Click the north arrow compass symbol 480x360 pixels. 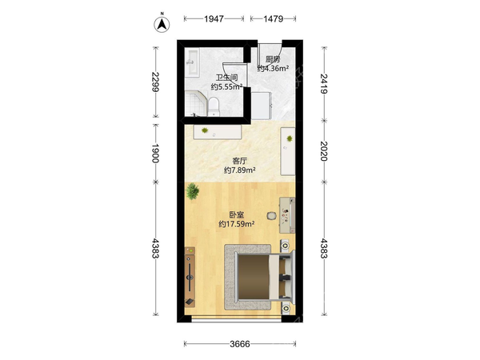(162, 24)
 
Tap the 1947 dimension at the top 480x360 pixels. (214, 19)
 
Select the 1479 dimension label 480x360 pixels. (273, 19)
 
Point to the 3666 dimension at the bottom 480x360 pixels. (240, 344)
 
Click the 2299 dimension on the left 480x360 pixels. (156, 82)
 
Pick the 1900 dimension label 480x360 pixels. (156, 154)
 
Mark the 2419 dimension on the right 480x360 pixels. (324, 83)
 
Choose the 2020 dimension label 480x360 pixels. (324, 151)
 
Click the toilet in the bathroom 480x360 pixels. (214, 106)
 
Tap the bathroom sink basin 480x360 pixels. (193, 62)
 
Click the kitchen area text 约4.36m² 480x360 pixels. (273, 68)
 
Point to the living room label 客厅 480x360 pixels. (240, 161)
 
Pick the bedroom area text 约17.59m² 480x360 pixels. (237, 224)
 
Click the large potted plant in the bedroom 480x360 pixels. (192, 191)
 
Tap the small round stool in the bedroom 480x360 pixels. (271, 216)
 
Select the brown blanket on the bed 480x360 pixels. (254, 277)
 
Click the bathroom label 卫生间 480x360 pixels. (226, 78)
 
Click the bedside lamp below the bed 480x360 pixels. (286, 308)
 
